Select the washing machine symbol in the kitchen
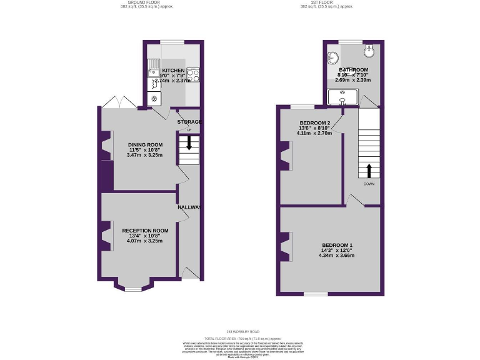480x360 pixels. click(154, 99)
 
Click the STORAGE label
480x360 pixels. click(189, 121)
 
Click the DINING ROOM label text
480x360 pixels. click(146, 144)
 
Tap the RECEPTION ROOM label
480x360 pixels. click(145, 230)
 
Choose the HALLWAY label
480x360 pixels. click(189, 207)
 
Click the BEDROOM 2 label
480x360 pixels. click(314, 122)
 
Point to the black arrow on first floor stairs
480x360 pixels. click(368, 170)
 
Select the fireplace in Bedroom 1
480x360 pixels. click(286, 247)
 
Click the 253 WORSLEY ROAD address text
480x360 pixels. click(239, 332)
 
